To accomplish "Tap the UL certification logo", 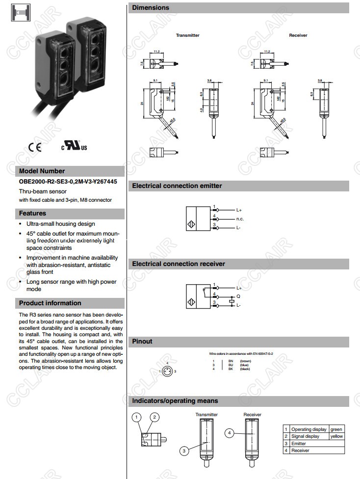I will (74, 146).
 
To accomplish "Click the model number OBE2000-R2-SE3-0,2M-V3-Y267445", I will (68, 182).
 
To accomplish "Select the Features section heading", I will (32, 213).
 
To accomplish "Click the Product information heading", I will (50, 303).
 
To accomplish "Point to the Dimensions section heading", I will (151, 8).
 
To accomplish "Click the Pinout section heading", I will (142, 342).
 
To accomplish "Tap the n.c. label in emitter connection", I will (240, 218).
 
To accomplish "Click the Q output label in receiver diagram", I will (238, 296).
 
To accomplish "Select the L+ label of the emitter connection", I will (239, 210).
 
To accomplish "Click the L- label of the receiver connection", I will (239, 305).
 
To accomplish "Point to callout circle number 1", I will (138, 417).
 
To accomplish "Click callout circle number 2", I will (155, 417).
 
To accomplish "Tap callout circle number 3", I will (184, 451).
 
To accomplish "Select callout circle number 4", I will (230, 433).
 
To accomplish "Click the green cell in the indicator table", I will (336, 429).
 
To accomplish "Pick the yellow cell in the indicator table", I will (336, 436).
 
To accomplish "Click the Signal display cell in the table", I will (305, 436).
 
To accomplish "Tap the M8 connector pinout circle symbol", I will (168, 372).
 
